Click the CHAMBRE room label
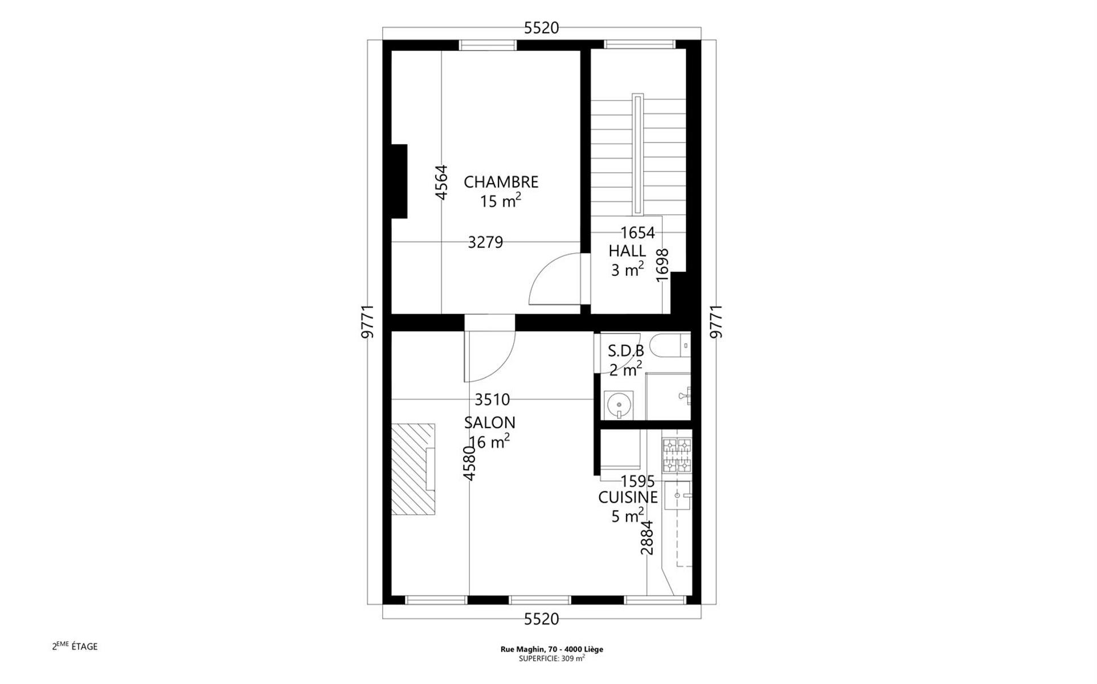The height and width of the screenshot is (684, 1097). point(501,182)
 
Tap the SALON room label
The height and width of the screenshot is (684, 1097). point(490,422)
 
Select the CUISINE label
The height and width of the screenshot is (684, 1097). point(628,498)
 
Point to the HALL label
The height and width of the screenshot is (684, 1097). point(627,251)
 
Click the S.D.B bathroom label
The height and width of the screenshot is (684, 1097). point(626,351)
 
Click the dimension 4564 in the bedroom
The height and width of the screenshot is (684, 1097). point(441,182)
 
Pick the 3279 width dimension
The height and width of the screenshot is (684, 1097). point(485,242)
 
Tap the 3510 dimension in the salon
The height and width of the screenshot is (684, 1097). point(492,399)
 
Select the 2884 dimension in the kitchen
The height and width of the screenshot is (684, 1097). point(647,538)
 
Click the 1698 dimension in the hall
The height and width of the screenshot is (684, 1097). point(662,264)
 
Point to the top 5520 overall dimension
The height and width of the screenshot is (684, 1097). point(541,28)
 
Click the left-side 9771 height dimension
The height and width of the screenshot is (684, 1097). point(368,321)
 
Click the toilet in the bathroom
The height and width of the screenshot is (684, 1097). point(670,345)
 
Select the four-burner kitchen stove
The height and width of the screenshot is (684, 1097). point(677,455)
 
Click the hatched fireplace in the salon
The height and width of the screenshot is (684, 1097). point(413,469)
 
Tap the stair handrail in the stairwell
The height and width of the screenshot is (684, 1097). point(637,154)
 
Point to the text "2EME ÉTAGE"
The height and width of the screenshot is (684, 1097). point(75,646)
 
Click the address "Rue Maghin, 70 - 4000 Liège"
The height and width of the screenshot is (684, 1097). point(552,649)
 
